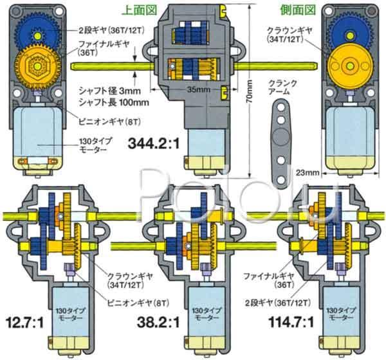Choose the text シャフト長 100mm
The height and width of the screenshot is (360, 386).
pos(107,102)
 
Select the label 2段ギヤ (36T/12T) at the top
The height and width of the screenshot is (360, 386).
pos(106,30)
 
